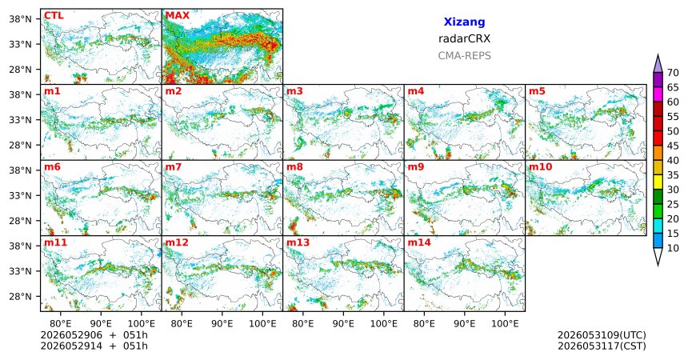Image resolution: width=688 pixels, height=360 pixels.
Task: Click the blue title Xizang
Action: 464,22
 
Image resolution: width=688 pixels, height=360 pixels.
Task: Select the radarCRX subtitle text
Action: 464,38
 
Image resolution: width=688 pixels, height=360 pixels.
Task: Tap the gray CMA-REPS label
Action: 464,56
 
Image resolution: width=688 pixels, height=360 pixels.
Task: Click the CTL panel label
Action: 54,16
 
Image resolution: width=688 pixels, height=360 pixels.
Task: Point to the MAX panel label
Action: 178,16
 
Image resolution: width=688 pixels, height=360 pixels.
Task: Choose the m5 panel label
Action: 537,91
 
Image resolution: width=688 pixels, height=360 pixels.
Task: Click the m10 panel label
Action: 541,167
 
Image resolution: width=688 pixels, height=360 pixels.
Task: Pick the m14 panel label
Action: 419,242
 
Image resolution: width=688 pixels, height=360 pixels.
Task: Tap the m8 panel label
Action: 294,167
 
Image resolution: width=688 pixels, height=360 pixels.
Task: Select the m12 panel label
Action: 177,242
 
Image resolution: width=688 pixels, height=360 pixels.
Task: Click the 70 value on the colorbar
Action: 673,73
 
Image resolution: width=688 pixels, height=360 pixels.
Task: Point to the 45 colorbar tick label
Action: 673,146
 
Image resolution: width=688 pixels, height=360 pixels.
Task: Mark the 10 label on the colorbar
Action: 673,249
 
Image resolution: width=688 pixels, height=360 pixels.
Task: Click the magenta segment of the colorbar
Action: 658,94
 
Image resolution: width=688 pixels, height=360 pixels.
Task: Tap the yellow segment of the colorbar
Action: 658,182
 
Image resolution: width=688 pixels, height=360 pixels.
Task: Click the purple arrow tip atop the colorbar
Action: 658,55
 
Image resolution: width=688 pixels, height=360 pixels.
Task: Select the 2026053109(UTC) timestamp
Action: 602,335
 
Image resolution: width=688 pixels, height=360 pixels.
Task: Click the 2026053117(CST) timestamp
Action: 602,346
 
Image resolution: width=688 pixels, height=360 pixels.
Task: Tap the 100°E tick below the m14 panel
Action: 505,324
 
